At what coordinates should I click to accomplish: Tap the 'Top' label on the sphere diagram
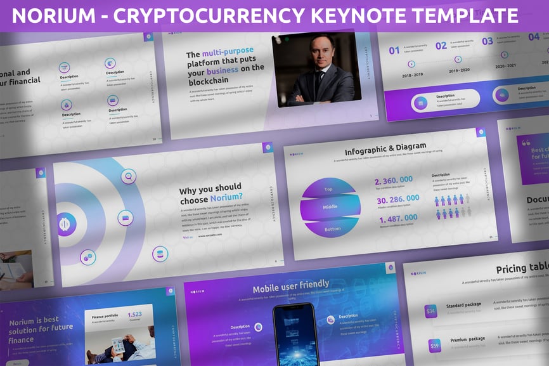pos(328,189)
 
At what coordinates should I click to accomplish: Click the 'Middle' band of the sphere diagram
pos(330,207)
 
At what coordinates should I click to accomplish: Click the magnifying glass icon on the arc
pos(129,177)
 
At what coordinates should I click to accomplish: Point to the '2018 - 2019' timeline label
pos(411,75)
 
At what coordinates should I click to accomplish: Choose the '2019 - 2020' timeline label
pos(458,71)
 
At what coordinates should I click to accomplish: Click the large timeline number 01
pos(394,50)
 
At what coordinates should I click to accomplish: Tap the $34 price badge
pos(431,311)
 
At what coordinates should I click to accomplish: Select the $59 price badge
pos(434,346)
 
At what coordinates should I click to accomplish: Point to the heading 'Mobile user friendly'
pos(291,284)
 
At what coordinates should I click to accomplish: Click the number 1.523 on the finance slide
pos(135,314)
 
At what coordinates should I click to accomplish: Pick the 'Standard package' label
pos(463,305)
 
